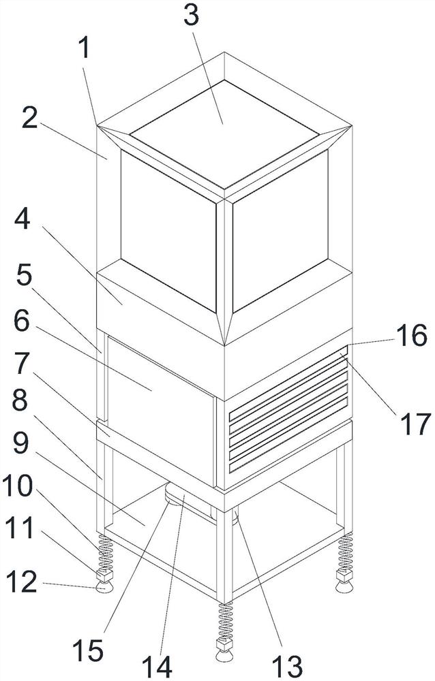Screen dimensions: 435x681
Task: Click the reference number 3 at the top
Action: (x=192, y=16)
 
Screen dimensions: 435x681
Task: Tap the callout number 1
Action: (x=85, y=48)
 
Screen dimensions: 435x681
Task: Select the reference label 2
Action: (x=29, y=118)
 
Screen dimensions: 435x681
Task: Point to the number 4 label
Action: (x=22, y=220)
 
